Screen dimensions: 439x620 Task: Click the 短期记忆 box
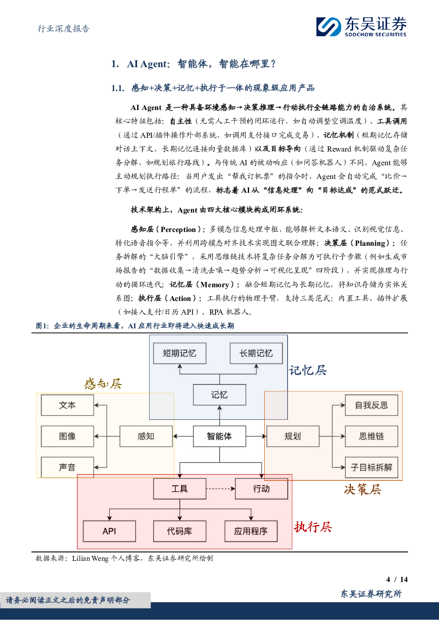pyautogui.click(x=180, y=353)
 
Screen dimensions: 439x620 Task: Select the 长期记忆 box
pyautogui.click(x=256, y=353)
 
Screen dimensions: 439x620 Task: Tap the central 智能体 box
pyautogui.click(x=219, y=436)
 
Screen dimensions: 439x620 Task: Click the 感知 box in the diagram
pyautogui.click(x=146, y=436)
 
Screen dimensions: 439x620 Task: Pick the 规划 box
pyautogui.click(x=293, y=436)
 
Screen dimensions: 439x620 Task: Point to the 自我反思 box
pyautogui.click(x=371, y=405)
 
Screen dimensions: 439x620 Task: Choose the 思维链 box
pyautogui.click(x=371, y=436)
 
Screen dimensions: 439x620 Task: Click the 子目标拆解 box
pyautogui.click(x=371, y=468)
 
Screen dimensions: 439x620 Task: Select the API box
pyautogui.click(x=109, y=531)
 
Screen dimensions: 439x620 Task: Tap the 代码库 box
pyautogui.click(x=180, y=531)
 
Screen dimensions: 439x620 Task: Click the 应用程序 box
pyautogui.click(x=251, y=531)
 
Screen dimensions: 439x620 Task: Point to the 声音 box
pyautogui.click(x=67, y=468)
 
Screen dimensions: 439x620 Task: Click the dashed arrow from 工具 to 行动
pyautogui.click(x=221, y=489)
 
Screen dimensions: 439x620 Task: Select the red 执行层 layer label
pyautogui.click(x=313, y=527)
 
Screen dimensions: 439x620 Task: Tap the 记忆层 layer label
pyautogui.click(x=308, y=370)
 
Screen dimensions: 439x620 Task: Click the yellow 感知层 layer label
pyautogui.click(x=103, y=384)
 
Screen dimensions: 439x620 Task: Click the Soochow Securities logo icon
pyautogui.click(x=328, y=27)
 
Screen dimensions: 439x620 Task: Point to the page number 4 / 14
pyautogui.click(x=397, y=579)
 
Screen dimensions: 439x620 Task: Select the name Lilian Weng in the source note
pyautogui.click(x=90, y=558)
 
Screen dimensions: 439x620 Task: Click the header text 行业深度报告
pyautogui.click(x=63, y=29)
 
